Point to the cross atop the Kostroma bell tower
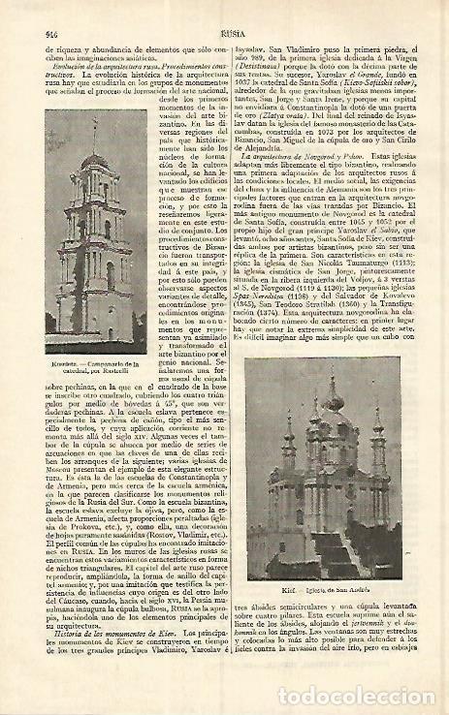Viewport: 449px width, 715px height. [x=93, y=127]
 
